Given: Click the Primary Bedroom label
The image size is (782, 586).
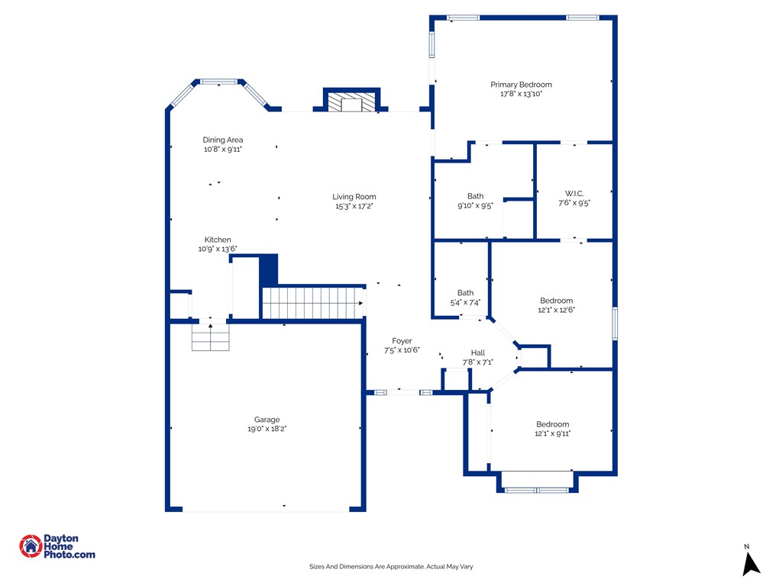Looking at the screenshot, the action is click(521, 85).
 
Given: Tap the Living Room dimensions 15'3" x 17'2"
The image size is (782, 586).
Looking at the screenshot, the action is click(354, 206).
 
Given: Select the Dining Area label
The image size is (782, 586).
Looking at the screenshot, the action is click(222, 140).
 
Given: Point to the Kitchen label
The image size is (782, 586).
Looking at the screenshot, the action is click(218, 240).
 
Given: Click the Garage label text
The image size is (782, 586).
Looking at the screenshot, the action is click(267, 420).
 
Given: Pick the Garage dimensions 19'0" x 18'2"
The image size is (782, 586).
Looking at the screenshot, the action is click(267, 429).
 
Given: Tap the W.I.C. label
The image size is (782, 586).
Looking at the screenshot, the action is click(574, 193).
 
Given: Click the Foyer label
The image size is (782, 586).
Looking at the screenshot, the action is click(402, 341).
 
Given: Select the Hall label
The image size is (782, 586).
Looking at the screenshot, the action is click(478, 353).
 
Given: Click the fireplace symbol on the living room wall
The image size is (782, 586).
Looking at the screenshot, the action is click(351, 101).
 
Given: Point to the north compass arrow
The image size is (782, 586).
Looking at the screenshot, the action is click(751, 564).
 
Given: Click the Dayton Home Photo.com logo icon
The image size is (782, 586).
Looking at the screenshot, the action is click(31, 546).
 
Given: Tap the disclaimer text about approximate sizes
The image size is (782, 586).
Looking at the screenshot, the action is click(391, 567).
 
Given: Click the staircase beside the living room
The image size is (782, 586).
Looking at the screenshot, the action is click(312, 303).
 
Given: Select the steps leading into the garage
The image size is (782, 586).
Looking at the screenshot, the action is click(211, 337).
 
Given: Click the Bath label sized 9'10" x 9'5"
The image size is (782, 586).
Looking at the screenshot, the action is click(475, 196).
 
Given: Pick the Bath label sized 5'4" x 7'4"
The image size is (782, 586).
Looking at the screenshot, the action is click(465, 293).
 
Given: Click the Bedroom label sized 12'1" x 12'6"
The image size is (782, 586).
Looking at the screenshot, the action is click(556, 301).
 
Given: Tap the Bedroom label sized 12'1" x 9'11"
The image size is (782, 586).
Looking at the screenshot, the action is click(553, 424).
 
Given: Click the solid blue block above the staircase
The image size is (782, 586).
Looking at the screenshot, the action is click(268, 271).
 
